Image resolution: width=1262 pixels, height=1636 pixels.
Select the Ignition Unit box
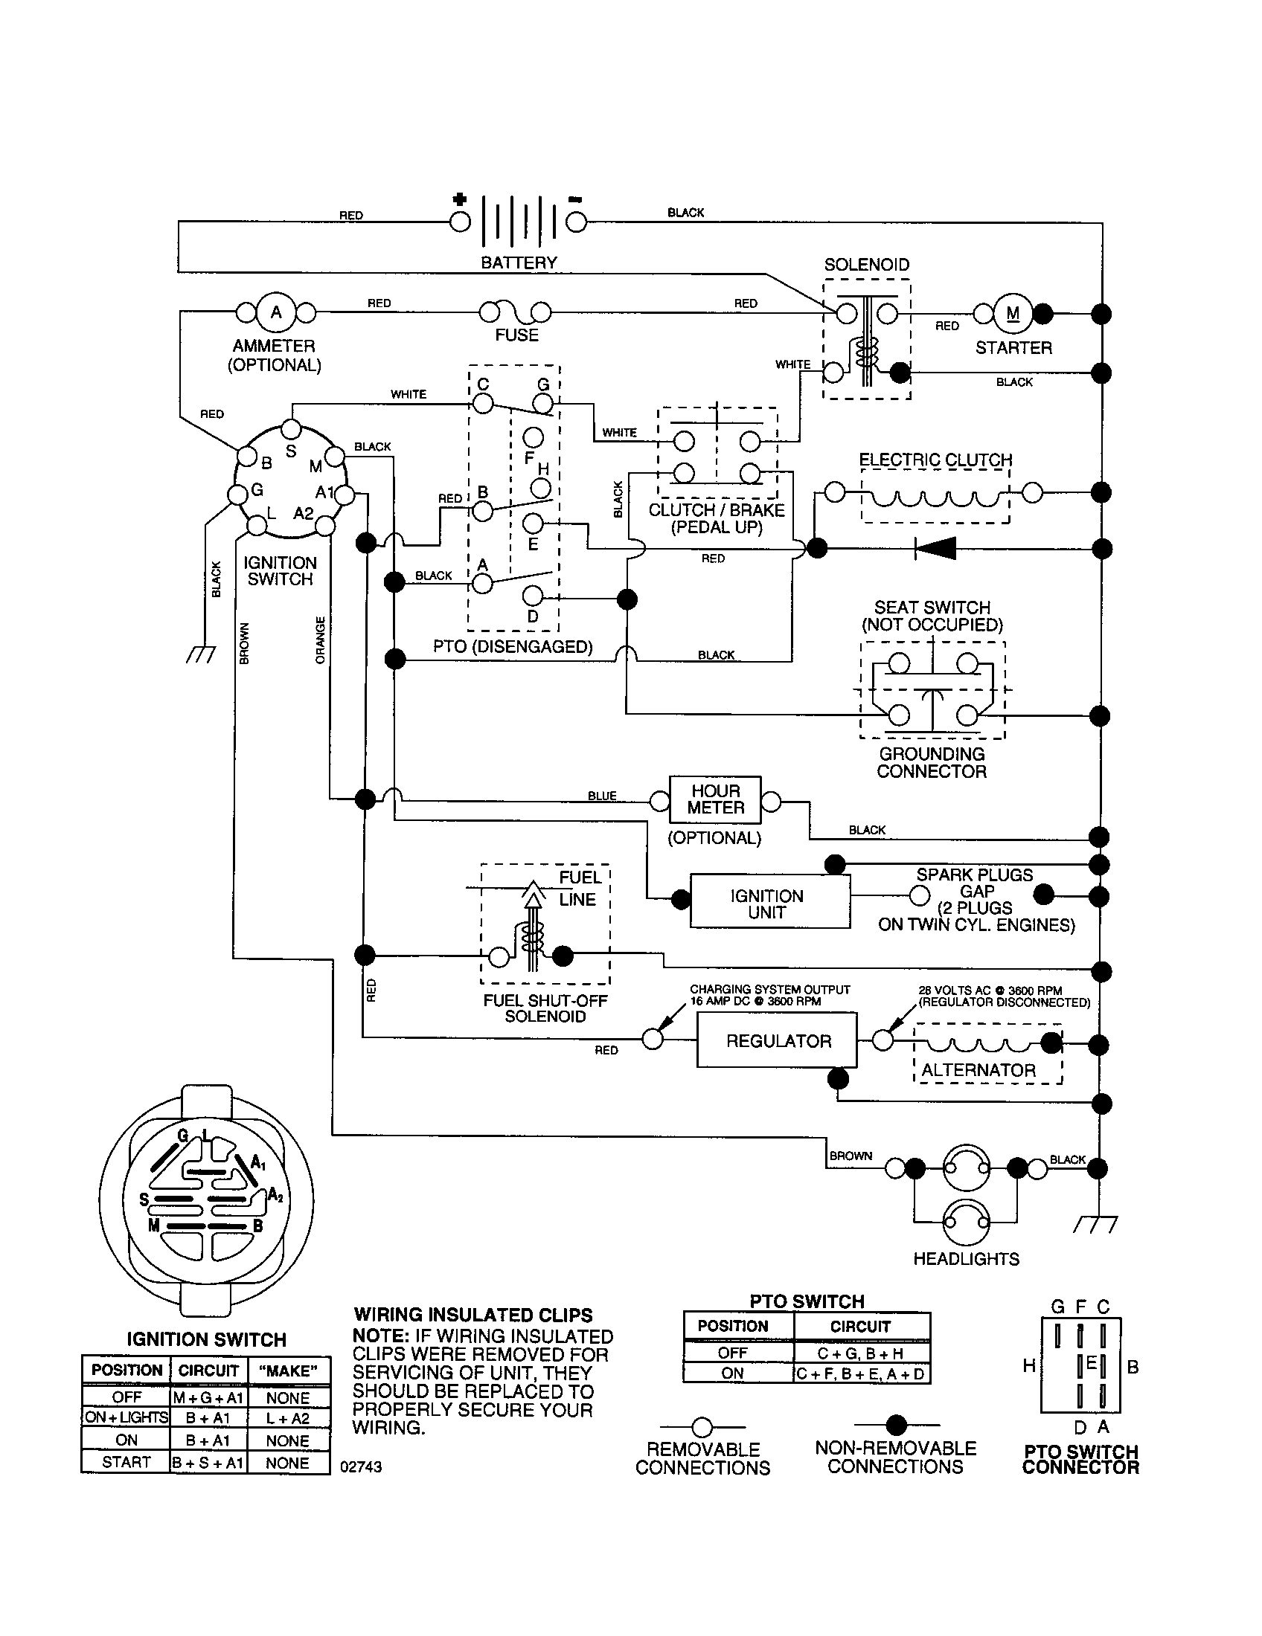[x=769, y=903]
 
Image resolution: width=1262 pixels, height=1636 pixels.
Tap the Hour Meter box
[x=715, y=799]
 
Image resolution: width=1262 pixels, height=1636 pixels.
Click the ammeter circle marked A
[x=276, y=312]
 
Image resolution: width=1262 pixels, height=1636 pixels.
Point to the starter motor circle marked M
[x=1013, y=314]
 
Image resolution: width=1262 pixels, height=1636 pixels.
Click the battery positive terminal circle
[x=459, y=222]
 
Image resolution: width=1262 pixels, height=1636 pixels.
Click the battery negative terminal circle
[x=575, y=222]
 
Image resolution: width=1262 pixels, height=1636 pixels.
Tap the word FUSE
[x=516, y=335]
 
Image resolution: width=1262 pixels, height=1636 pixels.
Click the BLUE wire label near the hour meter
[x=602, y=796]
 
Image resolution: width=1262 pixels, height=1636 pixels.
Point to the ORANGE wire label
[x=321, y=640]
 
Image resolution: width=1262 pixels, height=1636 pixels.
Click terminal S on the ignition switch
[x=291, y=430]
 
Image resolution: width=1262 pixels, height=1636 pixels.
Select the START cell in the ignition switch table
[x=126, y=1461]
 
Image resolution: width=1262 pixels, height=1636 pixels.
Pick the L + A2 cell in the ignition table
[x=288, y=1418]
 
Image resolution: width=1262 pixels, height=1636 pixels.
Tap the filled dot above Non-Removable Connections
[x=897, y=1425]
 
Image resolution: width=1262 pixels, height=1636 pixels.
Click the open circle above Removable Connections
[x=702, y=1426]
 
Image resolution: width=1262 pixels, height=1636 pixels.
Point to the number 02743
[x=360, y=1466]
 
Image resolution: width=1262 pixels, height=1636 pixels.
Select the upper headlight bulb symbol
[x=966, y=1167]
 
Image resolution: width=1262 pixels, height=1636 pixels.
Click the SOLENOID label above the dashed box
[x=866, y=265]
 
